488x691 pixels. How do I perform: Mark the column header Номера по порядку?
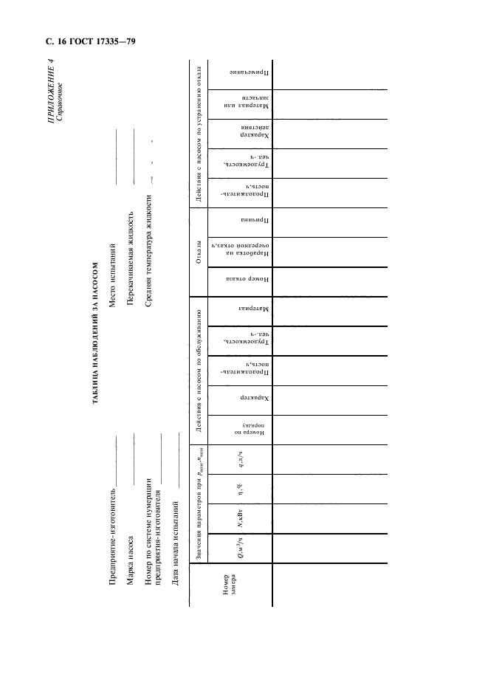[235, 428]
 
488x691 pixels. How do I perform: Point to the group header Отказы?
[198, 255]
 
